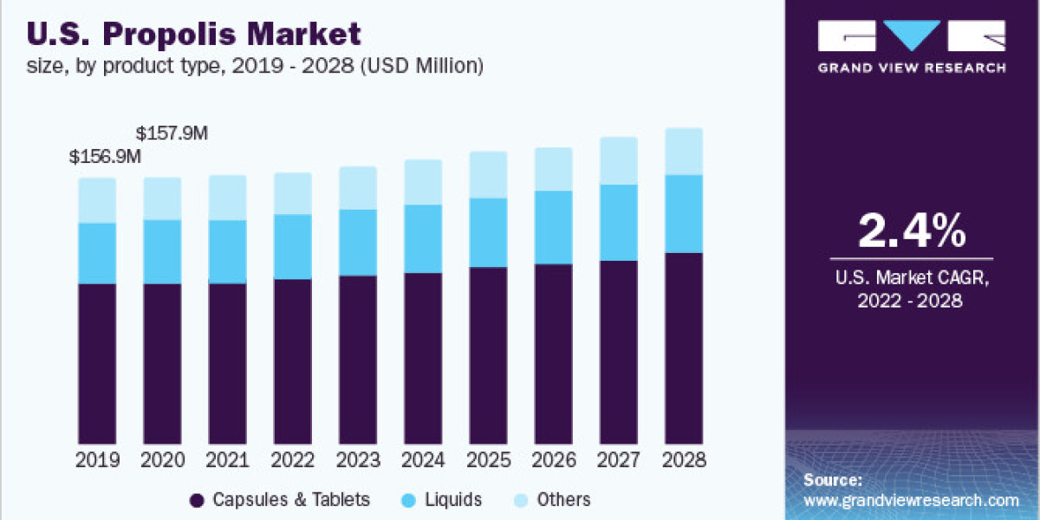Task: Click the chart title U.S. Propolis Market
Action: tap(195, 35)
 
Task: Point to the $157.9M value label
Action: tap(172, 133)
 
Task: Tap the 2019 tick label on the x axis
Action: tap(97, 459)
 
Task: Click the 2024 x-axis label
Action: tap(422, 459)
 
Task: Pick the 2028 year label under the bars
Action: tap(683, 459)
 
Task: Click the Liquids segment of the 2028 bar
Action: tap(683, 213)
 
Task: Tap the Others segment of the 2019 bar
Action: tap(97, 200)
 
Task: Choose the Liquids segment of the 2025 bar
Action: tap(487, 232)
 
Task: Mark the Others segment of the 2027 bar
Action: tap(618, 160)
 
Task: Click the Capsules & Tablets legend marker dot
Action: tap(197, 500)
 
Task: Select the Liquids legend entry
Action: tap(442, 500)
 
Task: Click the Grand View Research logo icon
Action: tap(911, 36)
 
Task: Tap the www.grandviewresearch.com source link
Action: tap(911, 500)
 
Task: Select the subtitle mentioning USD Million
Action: tap(255, 65)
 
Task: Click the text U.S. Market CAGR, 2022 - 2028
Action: tap(911, 289)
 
